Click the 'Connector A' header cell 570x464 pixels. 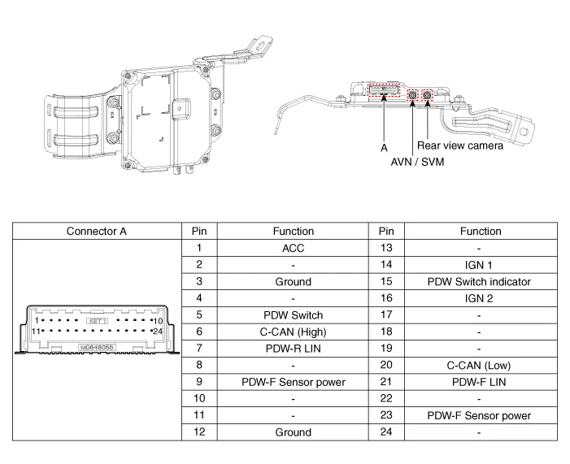click(x=96, y=231)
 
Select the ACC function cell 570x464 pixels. click(x=293, y=248)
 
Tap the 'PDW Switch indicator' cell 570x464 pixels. click(x=480, y=281)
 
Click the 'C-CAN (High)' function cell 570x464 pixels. click(x=293, y=332)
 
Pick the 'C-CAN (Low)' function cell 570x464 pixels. click(x=480, y=365)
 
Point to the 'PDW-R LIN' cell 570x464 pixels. click(x=293, y=348)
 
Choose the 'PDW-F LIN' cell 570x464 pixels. click(x=480, y=381)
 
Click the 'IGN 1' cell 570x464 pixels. click(x=480, y=264)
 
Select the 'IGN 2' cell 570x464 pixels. click(x=480, y=298)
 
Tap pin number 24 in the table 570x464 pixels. click(x=386, y=431)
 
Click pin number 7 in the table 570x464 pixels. click(x=199, y=348)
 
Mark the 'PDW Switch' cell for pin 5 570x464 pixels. click(x=293, y=314)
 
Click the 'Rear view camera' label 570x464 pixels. click(x=460, y=145)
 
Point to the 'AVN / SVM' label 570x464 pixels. click(x=418, y=162)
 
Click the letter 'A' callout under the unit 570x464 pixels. click(x=384, y=149)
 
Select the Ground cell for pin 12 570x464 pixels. click(x=293, y=431)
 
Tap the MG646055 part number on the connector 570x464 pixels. click(x=97, y=346)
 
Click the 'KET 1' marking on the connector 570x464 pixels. click(x=97, y=321)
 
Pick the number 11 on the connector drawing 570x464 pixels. click(x=36, y=332)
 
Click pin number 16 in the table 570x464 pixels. click(x=386, y=298)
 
